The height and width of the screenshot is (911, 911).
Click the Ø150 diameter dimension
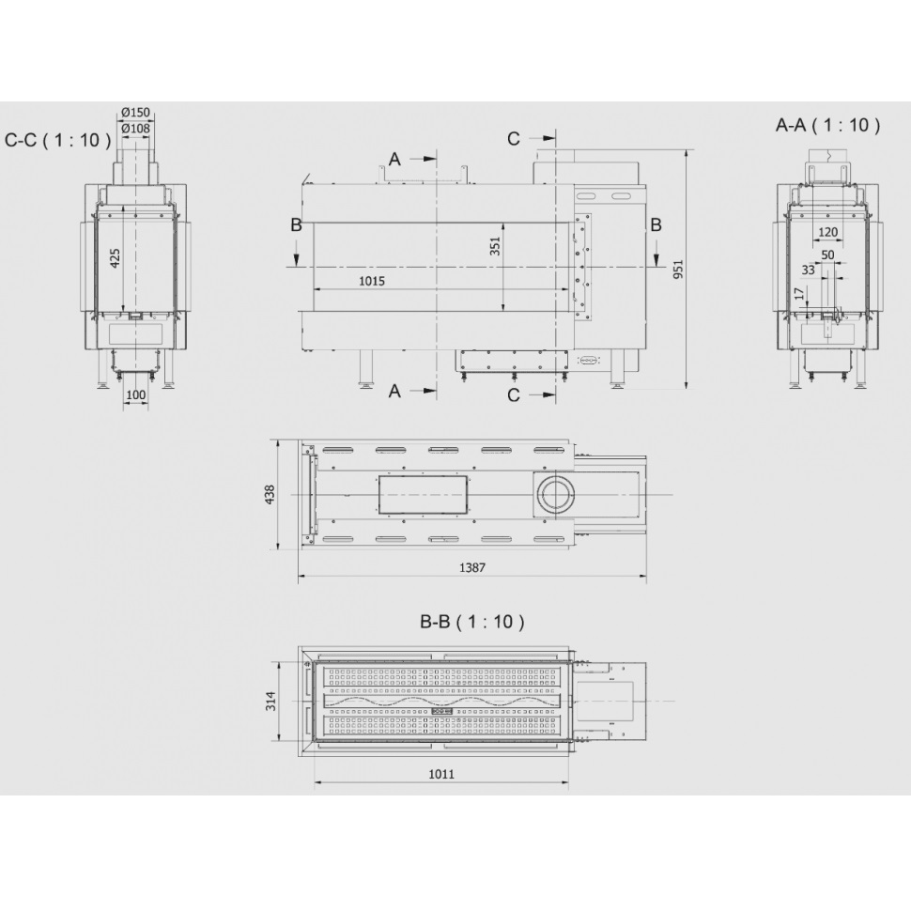(136, 112)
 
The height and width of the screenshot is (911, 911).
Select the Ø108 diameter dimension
(136, 129)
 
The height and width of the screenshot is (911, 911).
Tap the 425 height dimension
(115, 258)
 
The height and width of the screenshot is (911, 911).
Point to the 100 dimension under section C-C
(136, 395)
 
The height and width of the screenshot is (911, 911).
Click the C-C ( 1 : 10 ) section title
(57, 140)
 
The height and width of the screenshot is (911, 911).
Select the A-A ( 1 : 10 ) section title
(828, 125)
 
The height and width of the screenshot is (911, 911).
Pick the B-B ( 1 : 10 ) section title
(471, 622)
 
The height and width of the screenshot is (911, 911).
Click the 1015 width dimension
(372, 281)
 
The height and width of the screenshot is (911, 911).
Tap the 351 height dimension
(494, 246)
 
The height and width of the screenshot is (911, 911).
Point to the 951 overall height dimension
(678, 269)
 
